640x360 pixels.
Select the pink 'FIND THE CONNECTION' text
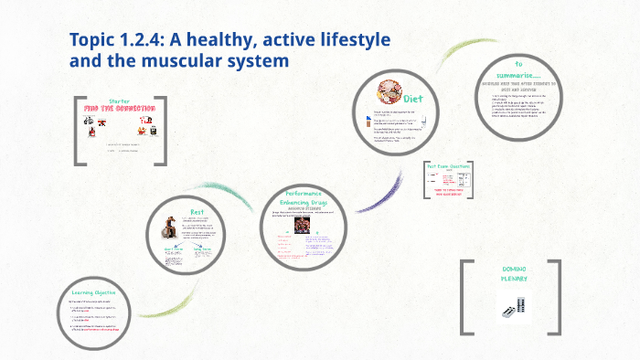click(x=120, y=108)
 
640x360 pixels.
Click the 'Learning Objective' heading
click(x=96, y=293)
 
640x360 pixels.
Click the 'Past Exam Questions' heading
click(x=448, y=165)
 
